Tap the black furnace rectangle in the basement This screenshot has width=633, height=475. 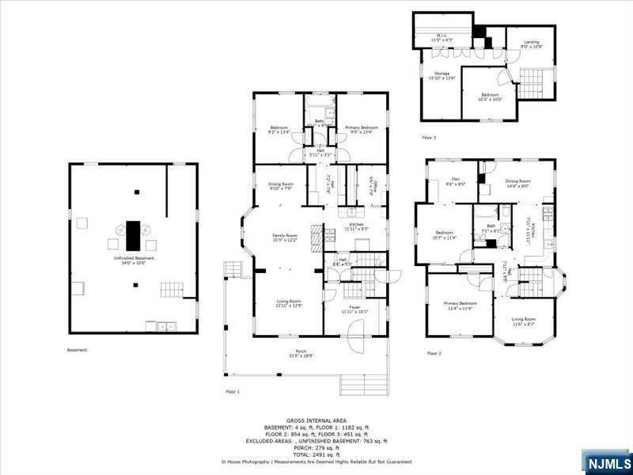(133, 235)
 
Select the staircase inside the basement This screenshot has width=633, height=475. (172, 289)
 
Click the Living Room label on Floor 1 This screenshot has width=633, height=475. (288, 303)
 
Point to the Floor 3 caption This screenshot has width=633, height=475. (429, 138)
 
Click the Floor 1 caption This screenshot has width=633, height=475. (233, 391)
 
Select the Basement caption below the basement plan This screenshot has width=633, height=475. (78, 349)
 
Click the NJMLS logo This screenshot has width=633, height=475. (607, 462)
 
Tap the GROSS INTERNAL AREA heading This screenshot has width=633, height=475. (315, 420)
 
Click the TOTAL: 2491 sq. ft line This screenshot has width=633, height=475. (315, 454)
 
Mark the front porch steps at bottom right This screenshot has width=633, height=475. (364, 383)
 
